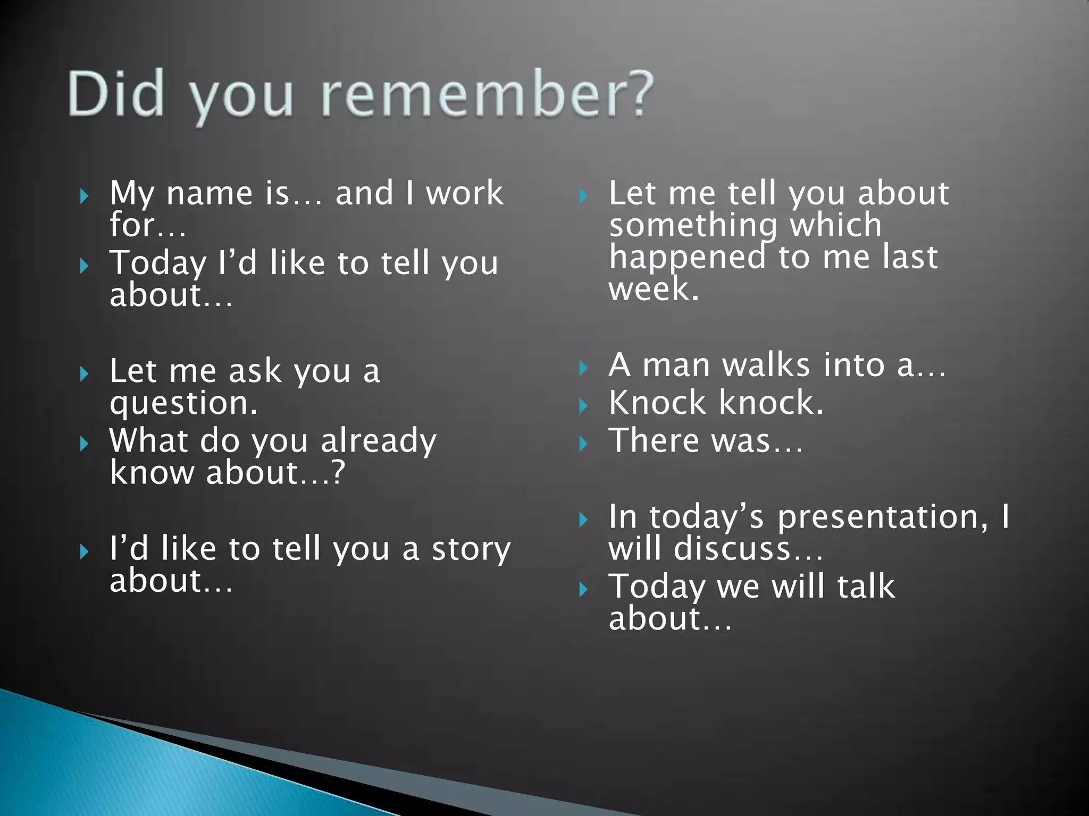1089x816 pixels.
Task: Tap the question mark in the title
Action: click(636, 93)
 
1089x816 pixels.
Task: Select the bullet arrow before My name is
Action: click(84, 197)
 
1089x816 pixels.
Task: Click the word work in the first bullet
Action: click(465, 193)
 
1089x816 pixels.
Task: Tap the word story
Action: click(471, 549)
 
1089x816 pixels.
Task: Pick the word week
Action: click(653, 290)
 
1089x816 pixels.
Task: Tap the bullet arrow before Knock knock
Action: click(583, 406)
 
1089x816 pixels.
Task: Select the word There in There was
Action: click(654, 441)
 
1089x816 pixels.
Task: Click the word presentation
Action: click(883, 517)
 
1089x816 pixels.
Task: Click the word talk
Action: click(866, 586)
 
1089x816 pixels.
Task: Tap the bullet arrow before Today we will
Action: click(583, 589)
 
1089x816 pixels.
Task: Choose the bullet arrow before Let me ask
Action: click(84, 374)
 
